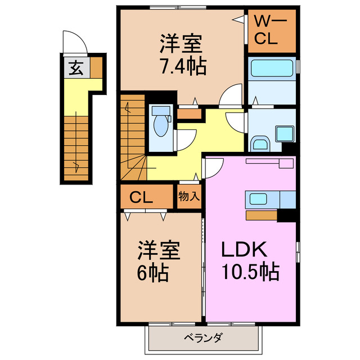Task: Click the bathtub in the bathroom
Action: coord(271,70)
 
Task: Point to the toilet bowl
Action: coord(161,125)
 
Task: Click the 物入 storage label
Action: coord(189,196)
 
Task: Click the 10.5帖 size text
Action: coord(250,273)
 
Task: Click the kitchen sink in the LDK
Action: coord(259,199)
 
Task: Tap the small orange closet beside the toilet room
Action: coord(190,114)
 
